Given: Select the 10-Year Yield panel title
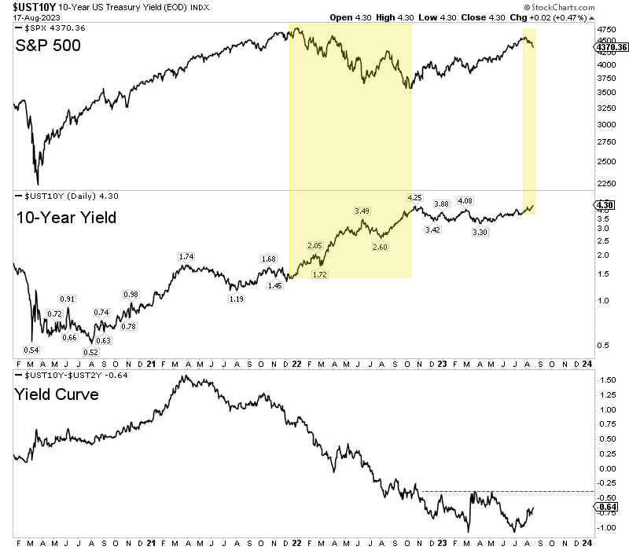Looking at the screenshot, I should click(x=66, y=217).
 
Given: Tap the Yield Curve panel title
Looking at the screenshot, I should click(x=57, y=394).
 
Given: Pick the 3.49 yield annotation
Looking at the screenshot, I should click(x=362, y=211).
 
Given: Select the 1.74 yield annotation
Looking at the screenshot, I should click(x=186, y=257).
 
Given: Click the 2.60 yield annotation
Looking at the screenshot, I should click(x=380, y=247).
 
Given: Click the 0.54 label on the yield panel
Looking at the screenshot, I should click(x=32, y=350).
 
